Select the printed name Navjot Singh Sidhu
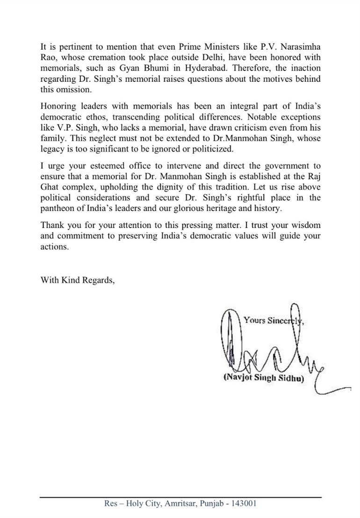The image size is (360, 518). pyautogui.click(x=264, y=378)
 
